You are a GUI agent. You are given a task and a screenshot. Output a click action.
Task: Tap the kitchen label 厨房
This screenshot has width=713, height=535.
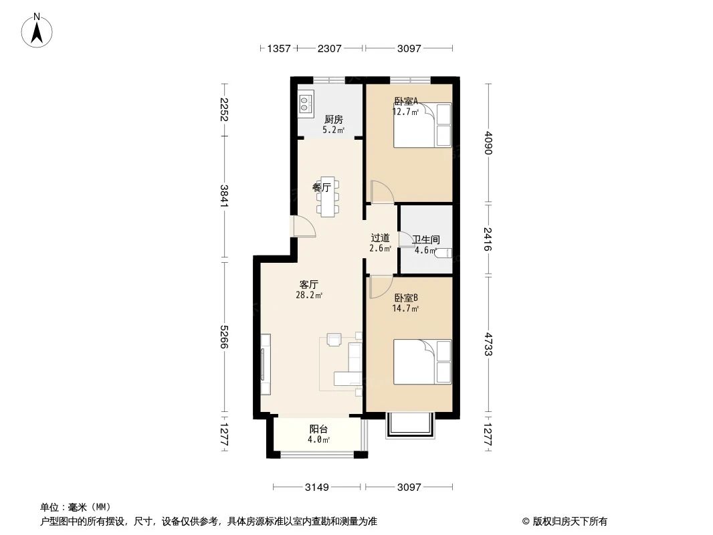pos(333,119)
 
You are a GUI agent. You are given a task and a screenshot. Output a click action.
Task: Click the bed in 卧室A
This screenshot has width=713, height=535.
pos(422,125)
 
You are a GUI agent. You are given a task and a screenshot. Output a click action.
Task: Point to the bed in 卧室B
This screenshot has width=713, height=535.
pos(422,362)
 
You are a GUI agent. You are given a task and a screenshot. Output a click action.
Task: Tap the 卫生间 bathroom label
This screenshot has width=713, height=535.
pos(425,239)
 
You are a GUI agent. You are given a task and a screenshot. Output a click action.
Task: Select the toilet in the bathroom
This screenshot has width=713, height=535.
pos(443,253)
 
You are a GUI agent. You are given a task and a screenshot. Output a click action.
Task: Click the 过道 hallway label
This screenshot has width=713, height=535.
pos(380,237)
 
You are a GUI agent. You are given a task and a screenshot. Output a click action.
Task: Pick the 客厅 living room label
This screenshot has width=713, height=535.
pos(309,284)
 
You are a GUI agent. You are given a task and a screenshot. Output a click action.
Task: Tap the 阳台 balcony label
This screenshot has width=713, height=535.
pos(318,429)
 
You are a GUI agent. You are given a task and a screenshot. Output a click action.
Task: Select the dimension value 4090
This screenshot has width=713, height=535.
pos(489,142)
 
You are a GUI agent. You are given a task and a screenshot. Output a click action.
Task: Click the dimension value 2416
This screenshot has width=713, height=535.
pos(489,239)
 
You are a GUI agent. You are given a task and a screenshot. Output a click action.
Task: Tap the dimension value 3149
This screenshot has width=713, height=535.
pos(317,488)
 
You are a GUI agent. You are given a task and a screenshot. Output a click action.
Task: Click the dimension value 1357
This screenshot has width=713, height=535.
pos(278,48)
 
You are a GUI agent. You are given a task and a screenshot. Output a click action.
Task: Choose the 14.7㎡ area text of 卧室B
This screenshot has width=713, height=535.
pos(405,309)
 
